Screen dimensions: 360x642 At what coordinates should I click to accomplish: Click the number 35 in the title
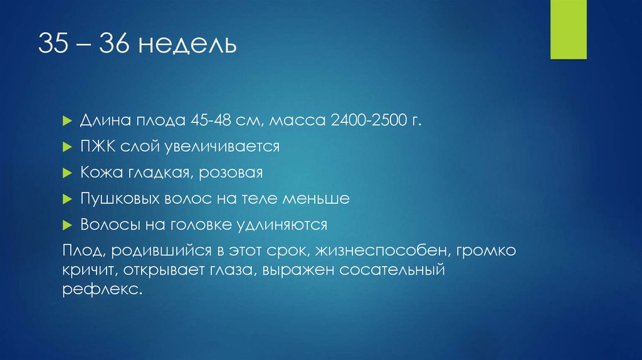(52, 45)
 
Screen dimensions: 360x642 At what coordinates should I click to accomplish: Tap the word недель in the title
(187, 45)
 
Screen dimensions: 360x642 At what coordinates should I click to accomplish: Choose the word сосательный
(391, 272)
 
